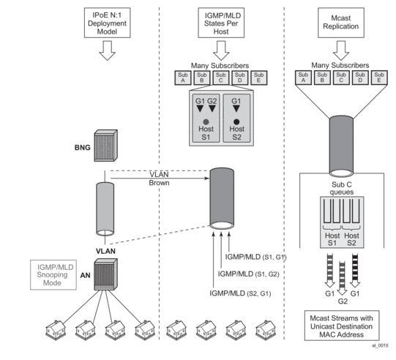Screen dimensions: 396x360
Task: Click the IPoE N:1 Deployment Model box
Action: (108, 23)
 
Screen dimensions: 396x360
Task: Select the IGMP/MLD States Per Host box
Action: (221, 23)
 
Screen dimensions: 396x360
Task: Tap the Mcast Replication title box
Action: (341, 23)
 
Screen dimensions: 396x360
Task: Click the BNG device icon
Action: (106, 146)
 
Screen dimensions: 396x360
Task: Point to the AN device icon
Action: (106, 274)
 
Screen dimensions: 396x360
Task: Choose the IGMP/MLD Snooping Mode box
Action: (53, 275)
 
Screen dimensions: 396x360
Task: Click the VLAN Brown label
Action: (159, 179)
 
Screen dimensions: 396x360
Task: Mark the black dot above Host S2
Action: (236, 122)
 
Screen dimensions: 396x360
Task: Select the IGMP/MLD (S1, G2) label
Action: (249, 274)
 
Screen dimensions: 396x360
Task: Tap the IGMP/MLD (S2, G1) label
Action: (240, 293)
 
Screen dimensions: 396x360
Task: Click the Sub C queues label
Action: (342, 188)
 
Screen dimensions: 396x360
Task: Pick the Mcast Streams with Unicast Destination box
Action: (342, 326)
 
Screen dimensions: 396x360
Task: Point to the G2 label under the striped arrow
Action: (343, 301)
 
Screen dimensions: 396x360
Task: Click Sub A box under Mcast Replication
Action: (303, 78)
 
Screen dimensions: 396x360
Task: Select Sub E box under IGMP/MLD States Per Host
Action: (259, 78)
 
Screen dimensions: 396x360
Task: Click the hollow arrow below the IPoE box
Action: (108, 50)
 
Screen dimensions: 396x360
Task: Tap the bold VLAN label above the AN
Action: (105, 251)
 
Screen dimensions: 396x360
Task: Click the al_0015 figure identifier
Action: (380, 345)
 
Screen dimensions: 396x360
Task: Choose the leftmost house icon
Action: (56, 330)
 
